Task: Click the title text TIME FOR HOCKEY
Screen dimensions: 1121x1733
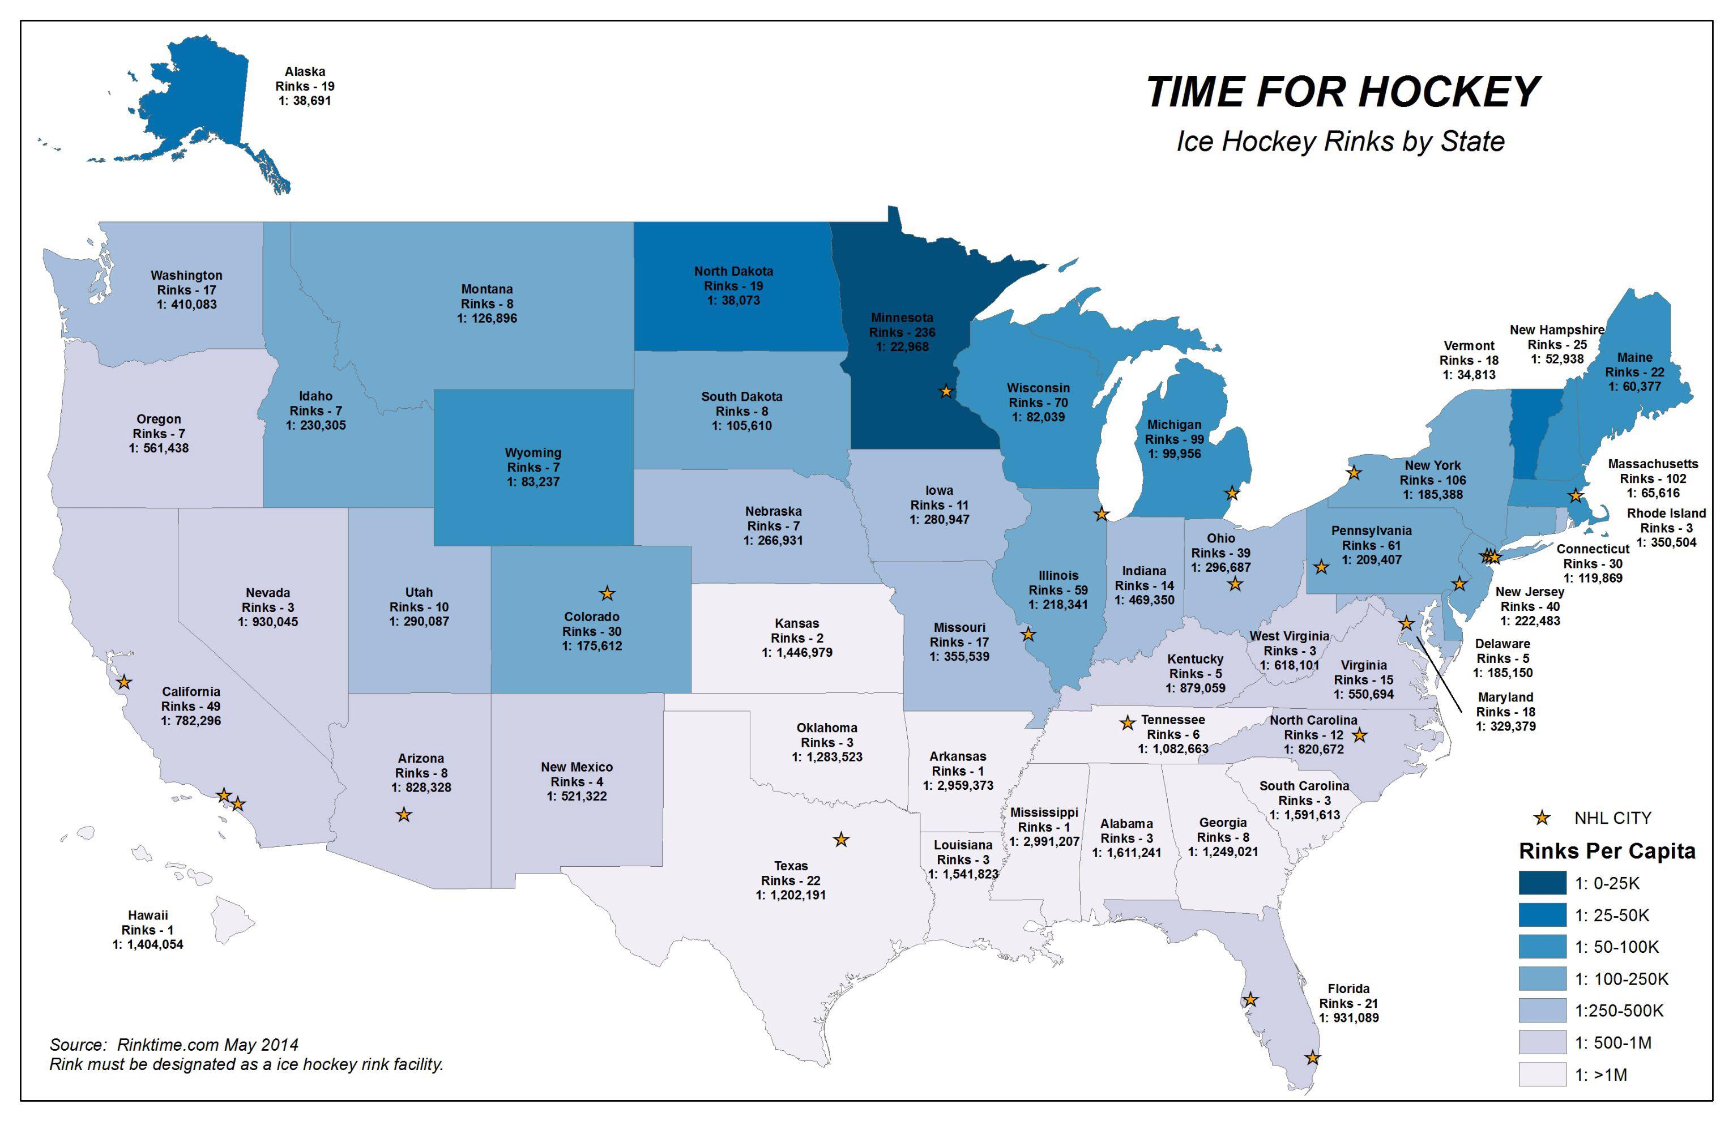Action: pos(1342,92)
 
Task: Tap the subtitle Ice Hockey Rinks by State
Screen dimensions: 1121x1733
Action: pos(1340,141)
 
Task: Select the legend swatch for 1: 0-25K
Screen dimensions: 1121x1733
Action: pos(1542,883)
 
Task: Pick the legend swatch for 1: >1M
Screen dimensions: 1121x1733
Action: pos(1542,1075)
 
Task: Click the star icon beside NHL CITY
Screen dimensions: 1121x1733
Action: pos(1542,818)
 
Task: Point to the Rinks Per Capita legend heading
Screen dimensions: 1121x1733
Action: pos(1606,851)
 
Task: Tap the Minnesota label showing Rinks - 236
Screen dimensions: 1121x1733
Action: pos(902,332)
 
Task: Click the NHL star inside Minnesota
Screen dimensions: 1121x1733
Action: pos(945,392)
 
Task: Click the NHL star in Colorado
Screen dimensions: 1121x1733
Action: pos(607,593)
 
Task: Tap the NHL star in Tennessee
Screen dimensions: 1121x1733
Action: pos(1127,723)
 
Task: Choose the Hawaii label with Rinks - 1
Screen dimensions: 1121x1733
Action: pos(148,930)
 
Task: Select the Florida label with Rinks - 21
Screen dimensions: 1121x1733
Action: pos(1348,1003)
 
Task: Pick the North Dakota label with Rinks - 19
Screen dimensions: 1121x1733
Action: pos(733,285)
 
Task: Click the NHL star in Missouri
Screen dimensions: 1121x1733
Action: pos(1027,634)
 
